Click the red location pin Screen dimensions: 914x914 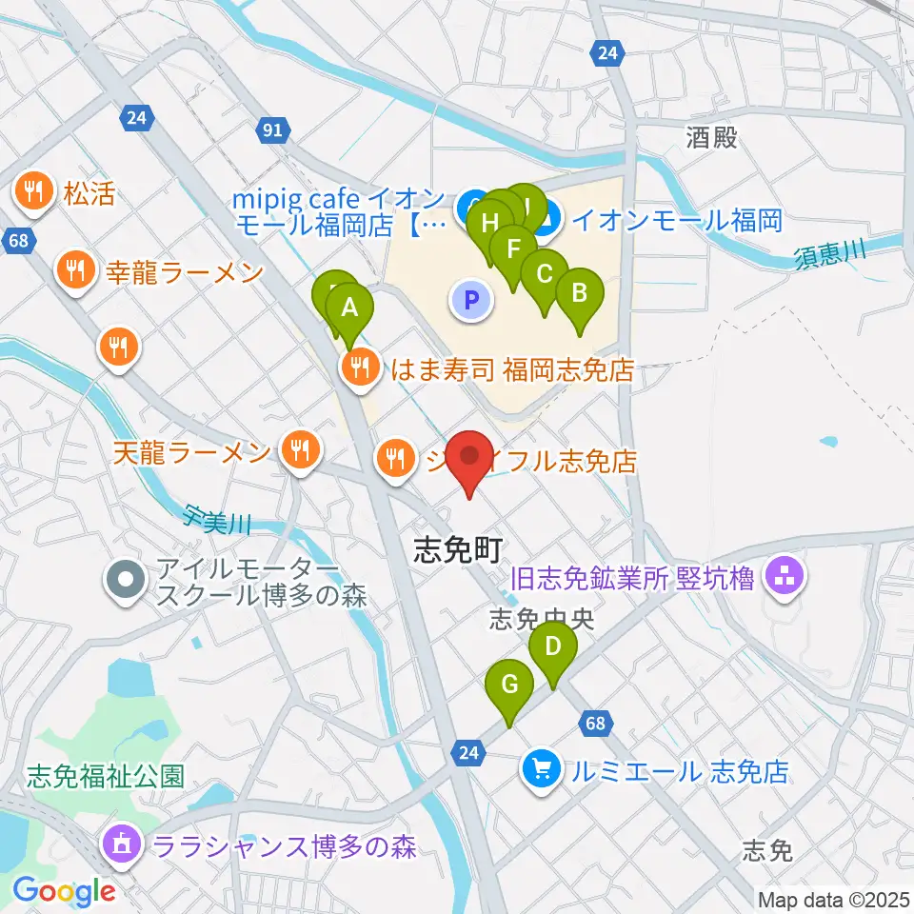click(472, 459)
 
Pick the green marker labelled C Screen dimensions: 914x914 click(545, 275)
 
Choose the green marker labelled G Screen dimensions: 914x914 click(509, 685)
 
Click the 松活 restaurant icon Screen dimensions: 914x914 click(35, 193)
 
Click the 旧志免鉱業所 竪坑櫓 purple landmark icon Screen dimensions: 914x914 click(785, 576)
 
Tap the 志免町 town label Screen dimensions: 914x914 click(456, 550)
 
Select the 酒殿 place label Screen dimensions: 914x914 click(712, 138)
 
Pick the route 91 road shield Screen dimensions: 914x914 click(271, 129)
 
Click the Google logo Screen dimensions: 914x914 click(64, 891)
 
